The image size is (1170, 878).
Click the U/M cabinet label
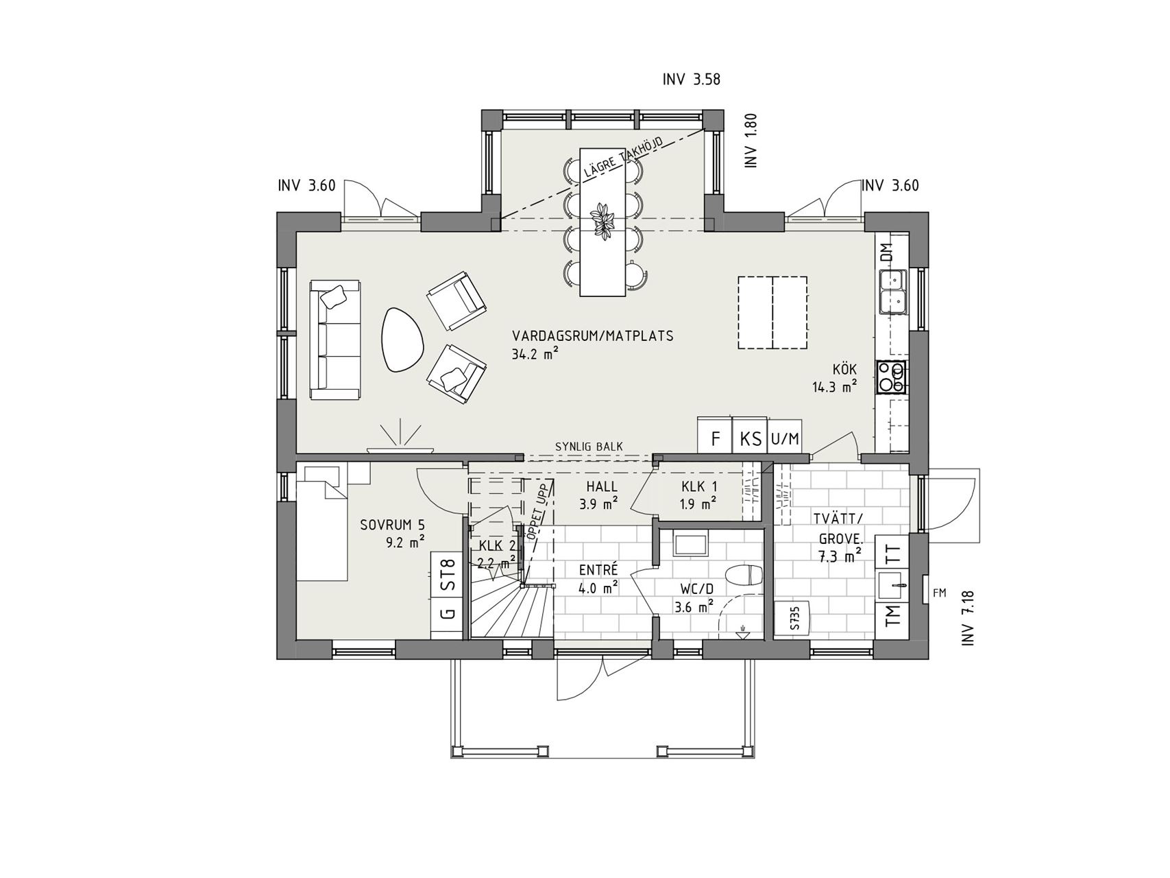(x=785, y=438)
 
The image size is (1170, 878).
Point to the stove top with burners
(x=892, y=377)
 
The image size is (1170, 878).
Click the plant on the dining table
(x=603, y=220)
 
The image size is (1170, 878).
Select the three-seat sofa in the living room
(x=336, y=339)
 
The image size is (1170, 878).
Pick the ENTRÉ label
(x=598, y=570)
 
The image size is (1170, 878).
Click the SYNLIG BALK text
(x=589, y=447)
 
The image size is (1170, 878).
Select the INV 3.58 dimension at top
(x=691, y=80)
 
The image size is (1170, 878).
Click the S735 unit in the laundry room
(x=794, y=618)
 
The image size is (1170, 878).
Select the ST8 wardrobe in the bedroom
(x=448, y=575)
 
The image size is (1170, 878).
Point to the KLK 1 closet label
(x=699, y=487)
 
